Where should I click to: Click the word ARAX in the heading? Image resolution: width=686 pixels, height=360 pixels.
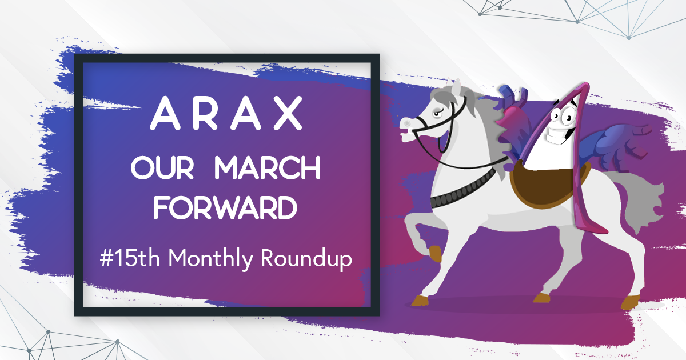coord(226,113)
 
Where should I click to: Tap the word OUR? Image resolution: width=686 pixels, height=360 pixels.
coord(162,167)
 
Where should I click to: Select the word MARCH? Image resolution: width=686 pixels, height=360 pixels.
coord(268,167)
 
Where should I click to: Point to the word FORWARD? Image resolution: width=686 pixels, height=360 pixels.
coord(225,208)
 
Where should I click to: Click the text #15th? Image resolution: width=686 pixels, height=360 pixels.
coord(130,258)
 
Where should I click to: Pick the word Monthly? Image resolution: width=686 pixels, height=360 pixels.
coord(211,259)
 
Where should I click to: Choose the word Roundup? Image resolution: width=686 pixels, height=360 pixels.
coord(306,260)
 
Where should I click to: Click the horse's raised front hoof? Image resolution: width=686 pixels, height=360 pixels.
coord(435,254)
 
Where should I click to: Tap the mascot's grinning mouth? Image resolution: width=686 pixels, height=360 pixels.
coord(560,135)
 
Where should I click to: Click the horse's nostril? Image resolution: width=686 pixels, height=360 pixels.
coord(407,123)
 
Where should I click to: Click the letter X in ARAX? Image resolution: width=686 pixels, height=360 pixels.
coord(288,113)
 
